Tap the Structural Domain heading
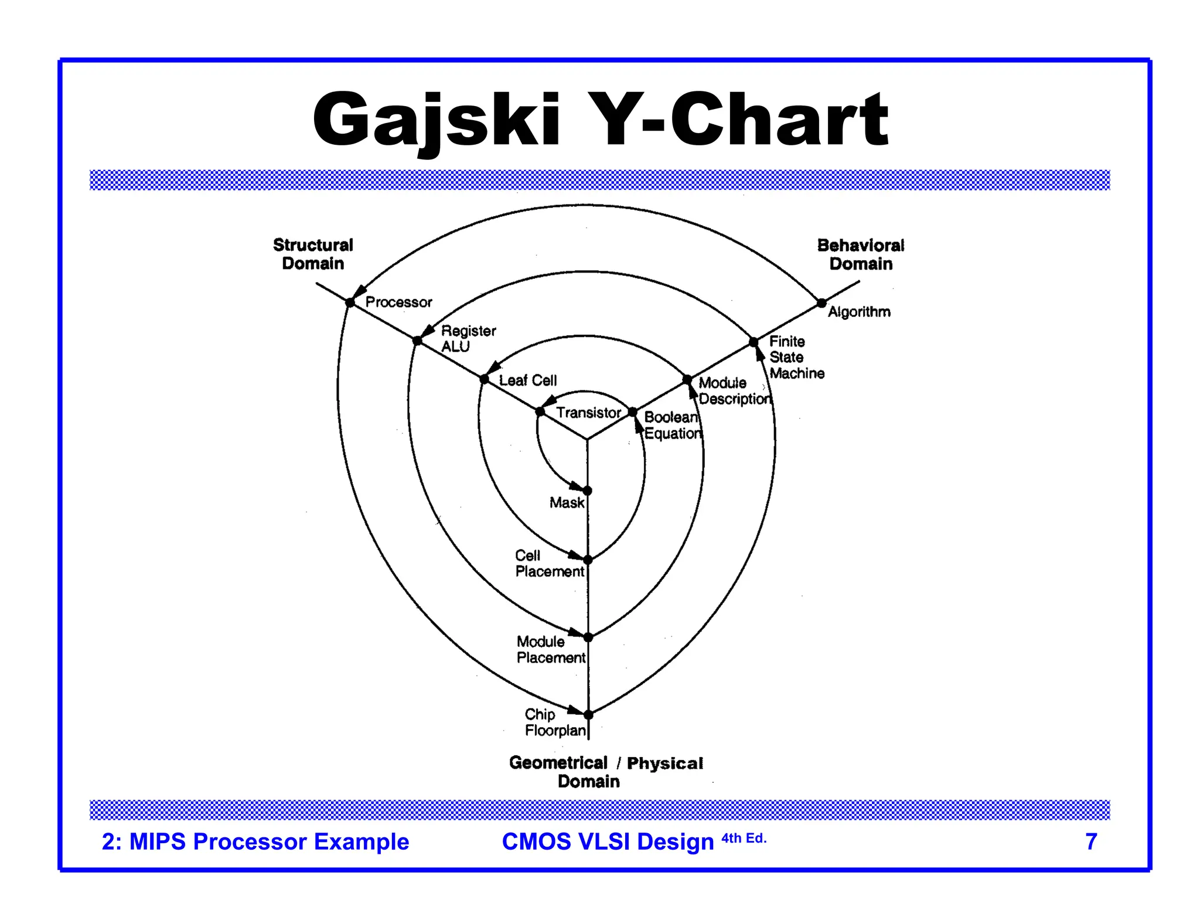313,254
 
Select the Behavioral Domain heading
860,254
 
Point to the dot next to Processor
350,302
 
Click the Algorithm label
859,312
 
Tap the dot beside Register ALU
417,340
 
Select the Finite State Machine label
796,357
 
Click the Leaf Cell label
527,380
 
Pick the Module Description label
734,391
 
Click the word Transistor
588,412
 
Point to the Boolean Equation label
672,425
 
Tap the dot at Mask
587,490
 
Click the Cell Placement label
549,563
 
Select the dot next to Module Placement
588,637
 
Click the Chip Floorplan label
554,722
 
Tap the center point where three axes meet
587,439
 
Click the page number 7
1090,841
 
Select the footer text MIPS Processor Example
255,841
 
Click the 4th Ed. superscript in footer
744,838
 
